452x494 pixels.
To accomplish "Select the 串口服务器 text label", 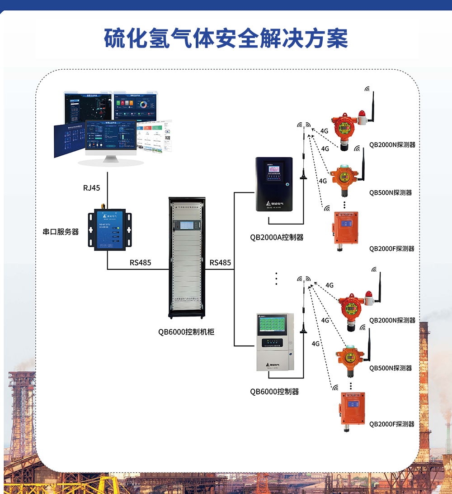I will [x=61, y=232].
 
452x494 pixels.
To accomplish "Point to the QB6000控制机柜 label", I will [x=186, y=332].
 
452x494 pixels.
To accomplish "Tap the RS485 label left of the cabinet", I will [x=140, y=263].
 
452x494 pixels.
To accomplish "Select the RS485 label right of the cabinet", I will [x=220, y=263].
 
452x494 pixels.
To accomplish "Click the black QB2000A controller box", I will [x=274, y=184].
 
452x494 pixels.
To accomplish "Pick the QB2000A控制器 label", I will [x=277, y=237].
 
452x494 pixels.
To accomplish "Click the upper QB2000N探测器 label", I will [x=392, y=145].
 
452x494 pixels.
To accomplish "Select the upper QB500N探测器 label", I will [x=391, y=192].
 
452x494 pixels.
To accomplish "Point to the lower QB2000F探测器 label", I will [x=392, y=424].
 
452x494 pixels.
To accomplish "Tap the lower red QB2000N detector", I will [x=351, y=310].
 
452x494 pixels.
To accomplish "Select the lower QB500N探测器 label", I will [x=391, y=368].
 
